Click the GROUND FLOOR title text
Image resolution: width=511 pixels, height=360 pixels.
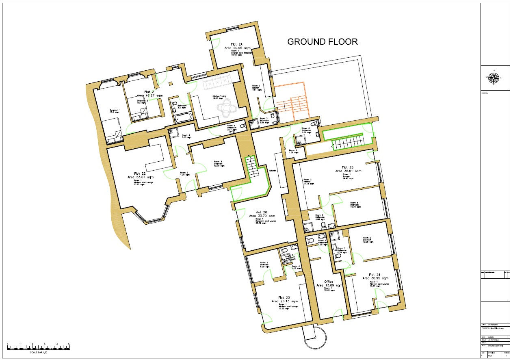click(x=323, y=42)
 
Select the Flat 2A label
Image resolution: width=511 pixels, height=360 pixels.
click(x=236, y=44)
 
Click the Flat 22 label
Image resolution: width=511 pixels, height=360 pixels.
click(x=140, y=173)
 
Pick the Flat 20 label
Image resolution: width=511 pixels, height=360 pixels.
click(x=261, y=212)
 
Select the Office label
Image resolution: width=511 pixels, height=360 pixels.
click(x=329, y=282)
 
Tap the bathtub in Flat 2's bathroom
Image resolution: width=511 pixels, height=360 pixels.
click(x=183, y=118)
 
